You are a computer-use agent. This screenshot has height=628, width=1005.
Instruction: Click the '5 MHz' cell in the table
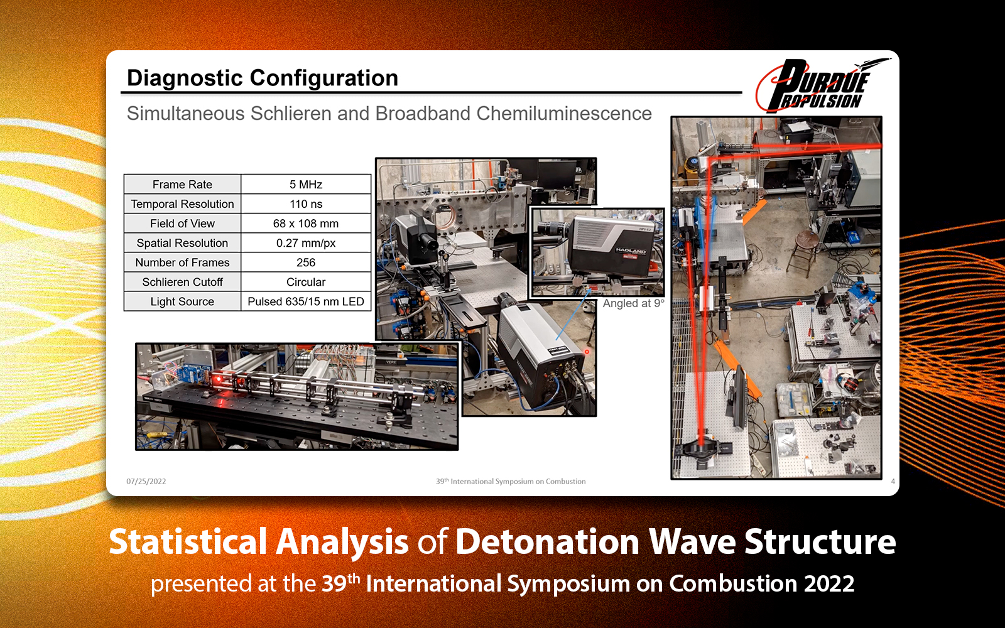(x=306, y=184)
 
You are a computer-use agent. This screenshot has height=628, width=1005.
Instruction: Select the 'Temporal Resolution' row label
(x=182, y=203)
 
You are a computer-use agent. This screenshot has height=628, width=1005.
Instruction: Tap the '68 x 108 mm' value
(x=306, y=223)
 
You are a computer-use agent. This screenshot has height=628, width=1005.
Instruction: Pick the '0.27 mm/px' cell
(x=306, y=242)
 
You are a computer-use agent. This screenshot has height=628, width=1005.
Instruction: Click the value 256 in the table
(x=306, y=262)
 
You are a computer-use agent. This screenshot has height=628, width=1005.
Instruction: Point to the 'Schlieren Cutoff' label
(x=182, y=281)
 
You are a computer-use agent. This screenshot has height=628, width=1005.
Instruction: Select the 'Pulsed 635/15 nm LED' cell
(x=306, y=301)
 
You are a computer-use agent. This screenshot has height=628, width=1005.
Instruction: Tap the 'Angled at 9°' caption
(x=633, y=303)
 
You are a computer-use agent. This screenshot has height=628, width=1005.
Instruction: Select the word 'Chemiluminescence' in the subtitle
(x=563, y=113)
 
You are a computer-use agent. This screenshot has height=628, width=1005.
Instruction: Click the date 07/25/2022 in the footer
(x=146, y=481)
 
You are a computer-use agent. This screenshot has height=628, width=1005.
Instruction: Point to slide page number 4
(x=893, y=481)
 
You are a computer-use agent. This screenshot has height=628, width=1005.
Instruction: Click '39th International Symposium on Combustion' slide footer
(x=511, y=481)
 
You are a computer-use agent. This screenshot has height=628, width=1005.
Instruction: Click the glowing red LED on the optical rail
(x=217, y=379)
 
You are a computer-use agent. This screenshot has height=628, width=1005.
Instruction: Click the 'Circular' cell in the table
(x=306, y=281)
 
